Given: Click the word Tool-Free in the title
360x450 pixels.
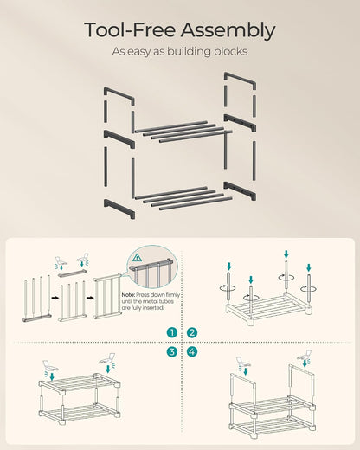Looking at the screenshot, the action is [x=130, y=30].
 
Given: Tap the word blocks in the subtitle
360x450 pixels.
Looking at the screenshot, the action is [x=230, y=51].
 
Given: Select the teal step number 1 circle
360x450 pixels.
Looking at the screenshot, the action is [x=172, y=333].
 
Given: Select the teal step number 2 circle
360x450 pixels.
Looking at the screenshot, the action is [x=192, y=333].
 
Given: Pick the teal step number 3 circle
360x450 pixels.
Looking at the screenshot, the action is [x=172, y=351].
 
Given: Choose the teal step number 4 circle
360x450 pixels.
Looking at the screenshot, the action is [x=192, y=351].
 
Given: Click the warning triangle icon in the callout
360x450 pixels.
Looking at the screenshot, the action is [x=137, y=257].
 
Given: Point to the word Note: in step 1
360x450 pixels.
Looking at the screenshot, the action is [x=128, y=295].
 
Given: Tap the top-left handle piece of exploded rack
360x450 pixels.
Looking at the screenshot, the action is [x=119, y=96].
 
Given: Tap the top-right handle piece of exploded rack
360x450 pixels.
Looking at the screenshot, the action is [x=240, y=81].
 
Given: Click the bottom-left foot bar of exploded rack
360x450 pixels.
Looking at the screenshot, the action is [x=119, y=209].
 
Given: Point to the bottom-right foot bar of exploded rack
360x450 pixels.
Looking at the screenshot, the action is [x=240, y=191].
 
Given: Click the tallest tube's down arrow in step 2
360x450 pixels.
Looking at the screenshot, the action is [x=286, y=254].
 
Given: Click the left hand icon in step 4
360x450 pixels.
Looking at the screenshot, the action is [x=243, y=362].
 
